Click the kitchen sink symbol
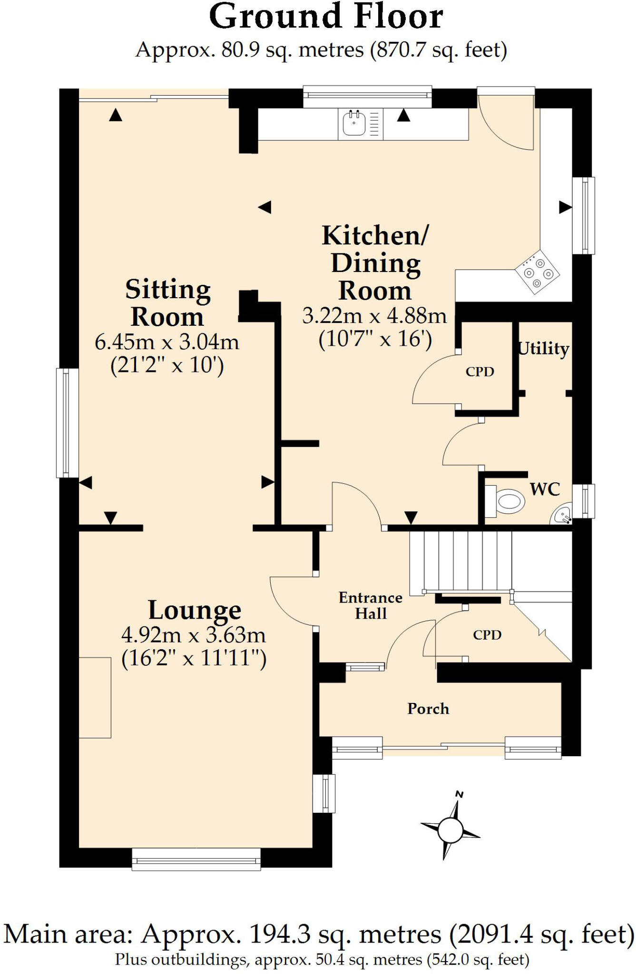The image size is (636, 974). click(354, 124)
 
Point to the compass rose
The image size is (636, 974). click(450, 830)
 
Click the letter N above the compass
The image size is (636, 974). click(460, 794)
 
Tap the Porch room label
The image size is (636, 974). click(428, 709)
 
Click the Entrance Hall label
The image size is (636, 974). click(371, 605)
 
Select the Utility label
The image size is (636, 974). click(543, 349)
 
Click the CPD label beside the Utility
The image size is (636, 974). click(480, 372)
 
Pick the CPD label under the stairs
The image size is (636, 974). click(487, 635)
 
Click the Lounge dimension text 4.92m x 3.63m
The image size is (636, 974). click(194, 635)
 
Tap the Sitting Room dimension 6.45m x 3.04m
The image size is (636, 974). click(167, 342)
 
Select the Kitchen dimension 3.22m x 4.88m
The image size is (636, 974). click(375, 316)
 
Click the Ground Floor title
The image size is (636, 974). click(326, 17)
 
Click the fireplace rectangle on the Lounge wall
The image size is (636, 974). click(95, 698)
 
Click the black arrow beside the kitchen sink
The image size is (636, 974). click(403, 116)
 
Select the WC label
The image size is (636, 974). click(545, 489)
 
